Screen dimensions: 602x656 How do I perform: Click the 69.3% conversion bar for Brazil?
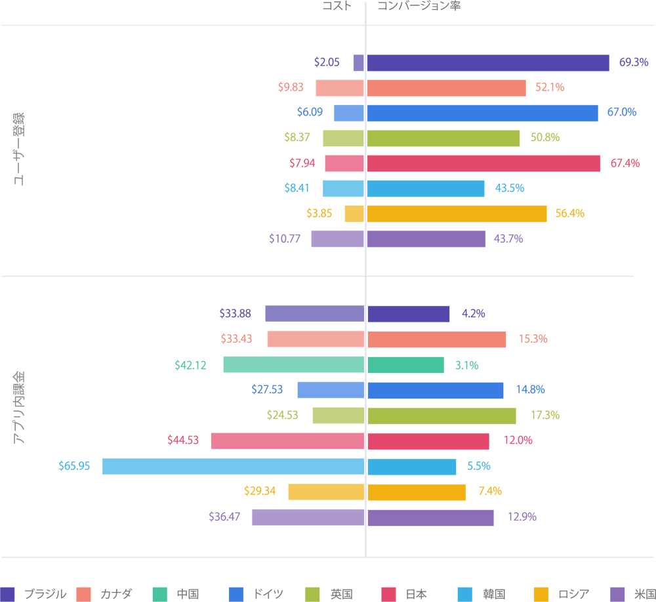click(x=487, y=62)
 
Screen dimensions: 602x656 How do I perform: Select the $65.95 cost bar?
click(x=233, y=466)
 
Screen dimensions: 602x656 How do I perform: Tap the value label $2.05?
click(x=327, y=62)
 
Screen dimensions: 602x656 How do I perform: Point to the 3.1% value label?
click(x=467, y=364)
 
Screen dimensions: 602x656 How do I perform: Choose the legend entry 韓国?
click(x=492, y=594)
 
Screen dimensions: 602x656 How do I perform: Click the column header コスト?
click(x=336, y=6)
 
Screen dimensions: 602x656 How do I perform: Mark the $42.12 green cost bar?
click(x=293, y=364)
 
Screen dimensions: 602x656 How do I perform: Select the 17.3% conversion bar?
click(x=441, y=416)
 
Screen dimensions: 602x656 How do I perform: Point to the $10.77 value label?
click(x=285, y=239)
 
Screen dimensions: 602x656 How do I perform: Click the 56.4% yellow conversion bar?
click(x=456, y=213)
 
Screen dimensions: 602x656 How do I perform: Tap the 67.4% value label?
click(x=625, y=163)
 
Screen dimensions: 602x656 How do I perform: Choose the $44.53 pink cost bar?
click(x=287, y=441)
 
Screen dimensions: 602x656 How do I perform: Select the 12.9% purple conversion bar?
click(x=430, y=517)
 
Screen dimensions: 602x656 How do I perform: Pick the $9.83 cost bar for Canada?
click(x=340, y=87)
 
